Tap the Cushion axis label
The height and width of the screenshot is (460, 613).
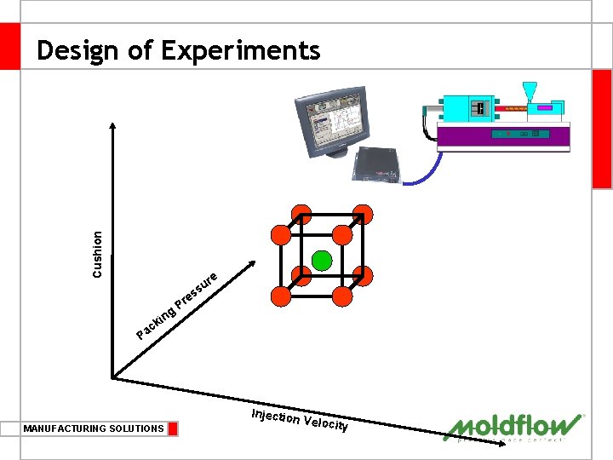pyautogui.click(x=98, y=254)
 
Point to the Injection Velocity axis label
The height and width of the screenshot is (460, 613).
pyautogui.click(x=300, y=419)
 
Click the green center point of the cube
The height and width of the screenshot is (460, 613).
pyautogui.click(x=321, y=261)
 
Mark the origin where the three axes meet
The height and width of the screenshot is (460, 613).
pyautogui.click(x=113, y=376)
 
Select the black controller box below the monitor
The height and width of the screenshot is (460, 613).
pyautogui.click(x=375, y=162)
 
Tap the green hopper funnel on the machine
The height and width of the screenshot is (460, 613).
pyautogui.click(x=530, y=92)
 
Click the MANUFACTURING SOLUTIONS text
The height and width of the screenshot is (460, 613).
pyautogui.click(x=94, y=428)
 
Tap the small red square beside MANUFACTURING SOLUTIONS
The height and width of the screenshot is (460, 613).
pyautogui.click(x=173, y=428)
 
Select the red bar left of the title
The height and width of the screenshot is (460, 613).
pyautogui.click(x=10, y=46)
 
